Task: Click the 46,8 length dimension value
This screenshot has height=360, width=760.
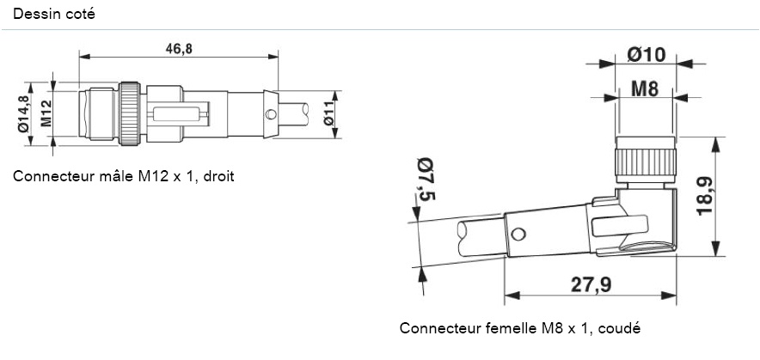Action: point(179,48)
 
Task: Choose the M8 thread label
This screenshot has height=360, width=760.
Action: point(645,88)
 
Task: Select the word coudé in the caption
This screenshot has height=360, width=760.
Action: point(621,328)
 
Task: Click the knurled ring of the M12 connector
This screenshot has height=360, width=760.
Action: point(130,113)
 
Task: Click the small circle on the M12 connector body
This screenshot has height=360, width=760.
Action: point(271,114)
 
